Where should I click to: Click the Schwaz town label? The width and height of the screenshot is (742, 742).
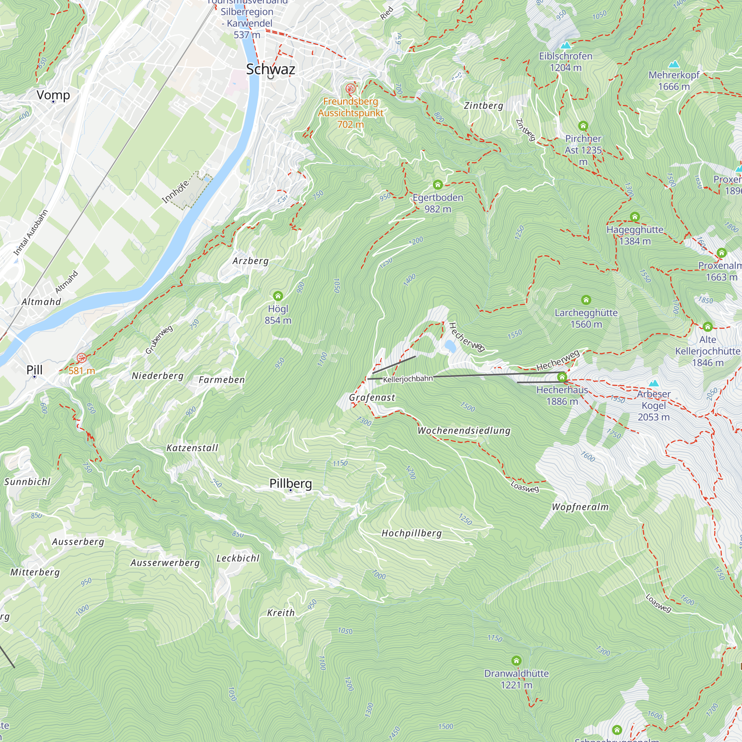270,69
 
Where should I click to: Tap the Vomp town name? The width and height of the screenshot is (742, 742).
53,95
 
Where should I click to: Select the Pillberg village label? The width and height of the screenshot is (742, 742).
291,483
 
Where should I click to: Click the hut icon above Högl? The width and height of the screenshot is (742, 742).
278,296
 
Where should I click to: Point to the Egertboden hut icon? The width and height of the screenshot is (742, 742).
438,185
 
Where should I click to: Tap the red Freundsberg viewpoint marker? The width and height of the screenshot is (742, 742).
350,89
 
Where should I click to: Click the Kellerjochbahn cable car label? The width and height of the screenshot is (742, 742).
408,379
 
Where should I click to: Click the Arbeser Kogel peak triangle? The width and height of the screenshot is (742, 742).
654,383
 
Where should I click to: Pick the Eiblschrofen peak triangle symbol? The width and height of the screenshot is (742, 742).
565,46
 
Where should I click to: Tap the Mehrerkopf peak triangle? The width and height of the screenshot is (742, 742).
674,65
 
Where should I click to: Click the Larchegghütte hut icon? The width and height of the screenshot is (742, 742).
586,300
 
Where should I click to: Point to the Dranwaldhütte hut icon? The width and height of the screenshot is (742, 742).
516,661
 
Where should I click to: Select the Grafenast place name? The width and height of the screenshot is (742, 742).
372,397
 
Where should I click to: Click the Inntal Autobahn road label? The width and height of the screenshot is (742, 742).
31,233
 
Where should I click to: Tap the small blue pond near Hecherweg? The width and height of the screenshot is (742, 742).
450,346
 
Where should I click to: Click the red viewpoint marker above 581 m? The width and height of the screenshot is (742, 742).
81,358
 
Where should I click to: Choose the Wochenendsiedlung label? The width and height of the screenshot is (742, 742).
464,430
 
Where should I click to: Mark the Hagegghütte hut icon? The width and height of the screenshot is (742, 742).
635,217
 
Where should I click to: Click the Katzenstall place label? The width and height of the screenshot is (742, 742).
192,448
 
